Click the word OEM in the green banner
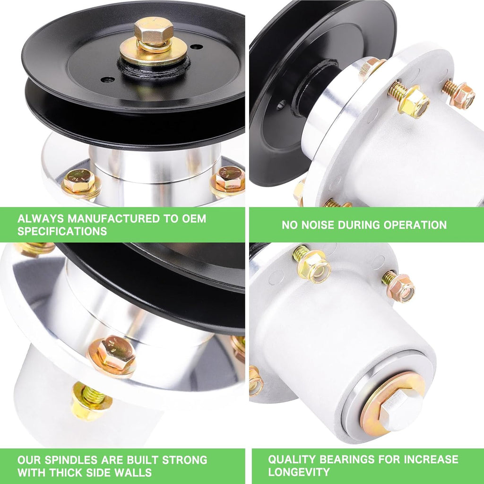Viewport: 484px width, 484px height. pos(194,218)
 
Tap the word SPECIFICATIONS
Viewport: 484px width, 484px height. pos(62,231)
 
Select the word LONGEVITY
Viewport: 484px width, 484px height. pos(299,472)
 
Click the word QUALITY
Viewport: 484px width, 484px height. pos(292,459)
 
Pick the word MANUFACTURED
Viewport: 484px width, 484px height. pos(114,218)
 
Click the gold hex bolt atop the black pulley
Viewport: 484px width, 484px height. pos(154,32)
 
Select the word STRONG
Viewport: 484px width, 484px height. pos(185,460)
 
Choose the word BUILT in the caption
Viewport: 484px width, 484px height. pos(143,460)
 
